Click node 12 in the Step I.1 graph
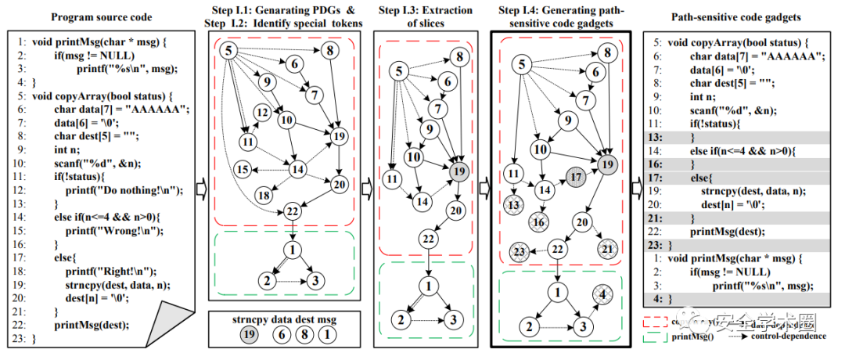tap(262, 113)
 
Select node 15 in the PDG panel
tap(243, 169)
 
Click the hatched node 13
tap(514, 205)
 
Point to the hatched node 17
tap(577, 177)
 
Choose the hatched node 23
tap(517, 253)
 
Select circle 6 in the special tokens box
tap(281, 333)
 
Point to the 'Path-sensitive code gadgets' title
tap(740, 16)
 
